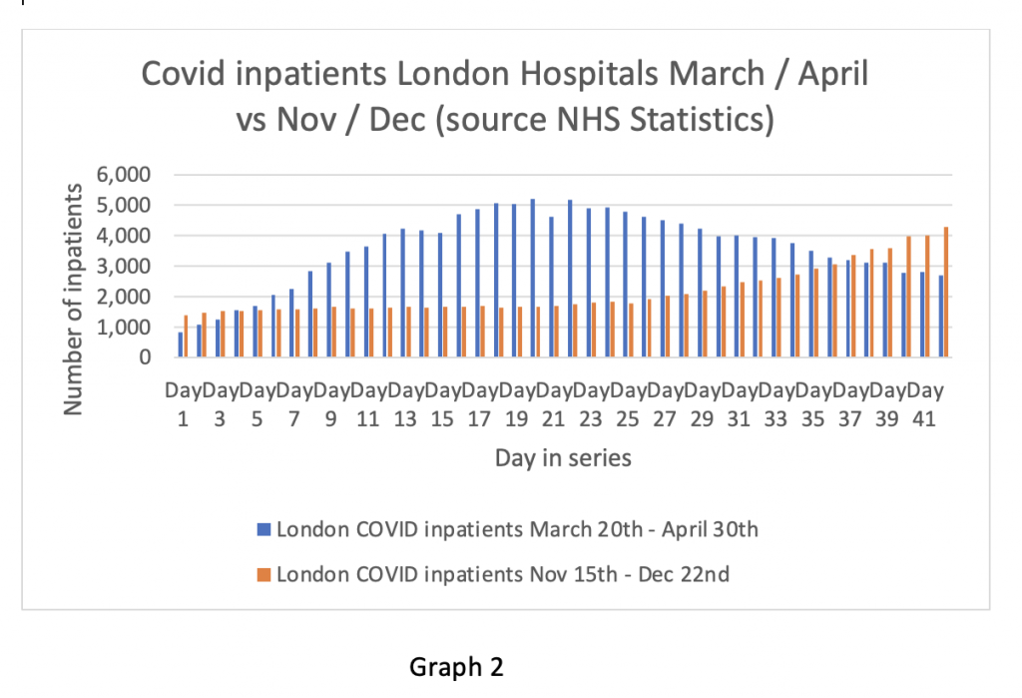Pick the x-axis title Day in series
tap(562, 458)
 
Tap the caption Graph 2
tap(456, 668)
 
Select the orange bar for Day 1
tap(187, 337)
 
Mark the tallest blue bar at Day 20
tap(533, 279)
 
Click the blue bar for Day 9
tap(328, 311)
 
